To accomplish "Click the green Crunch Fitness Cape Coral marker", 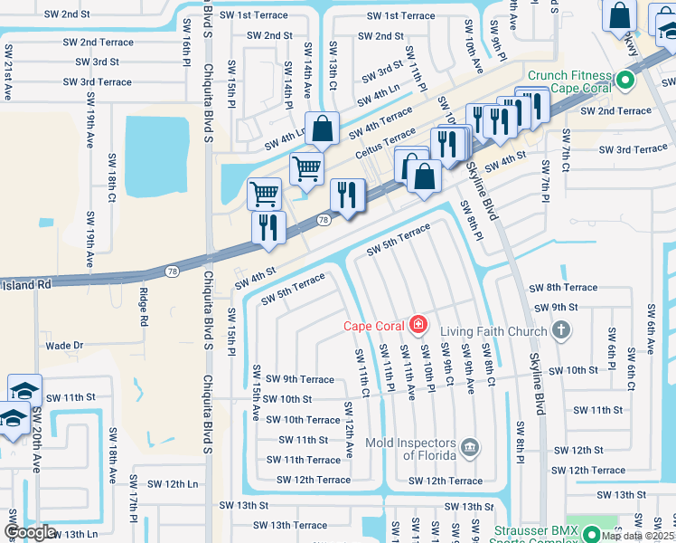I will pyautogui.click(x=624, y=81).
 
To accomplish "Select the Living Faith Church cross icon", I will pyautogui.click(x=561, y=329).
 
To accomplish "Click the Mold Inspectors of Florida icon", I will pyautogui.click(x=469, y=445).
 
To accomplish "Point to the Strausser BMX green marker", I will pyautogui.click(x=591, y=534).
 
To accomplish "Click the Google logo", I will pyautogui.click(x=30, y=533).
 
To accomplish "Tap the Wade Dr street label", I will pyautogui.click(x=64, y=346).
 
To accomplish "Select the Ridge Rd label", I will pyautogui.click(x=144, y=307).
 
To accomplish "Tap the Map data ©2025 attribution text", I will pyautogui.click(x=637, y=536).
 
